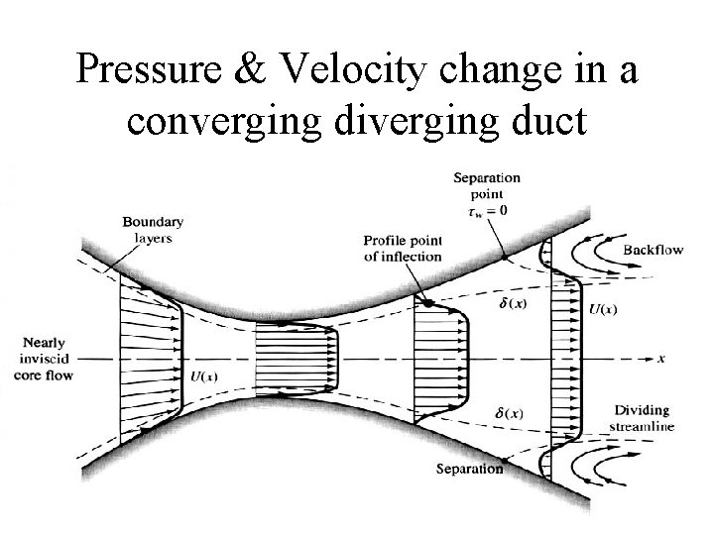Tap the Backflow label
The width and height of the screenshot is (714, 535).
click(x=653, y=251)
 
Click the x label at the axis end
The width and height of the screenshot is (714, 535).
click(x=660, y=356)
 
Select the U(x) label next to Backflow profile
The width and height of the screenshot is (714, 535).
click(x=603, y=310)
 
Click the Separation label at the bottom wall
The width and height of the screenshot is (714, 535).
click(x=469, y=469)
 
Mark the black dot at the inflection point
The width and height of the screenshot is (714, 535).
click(x=427, y=303)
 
